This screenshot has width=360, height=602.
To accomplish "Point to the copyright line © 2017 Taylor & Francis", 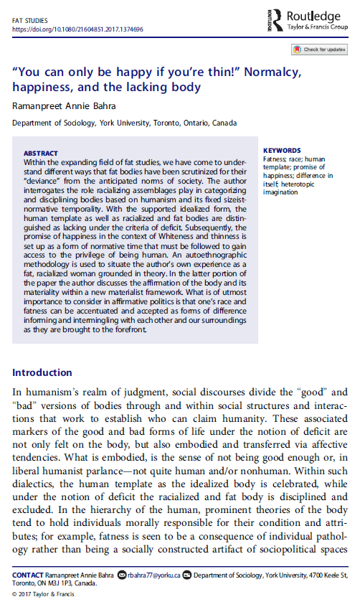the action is click(42, 593).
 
